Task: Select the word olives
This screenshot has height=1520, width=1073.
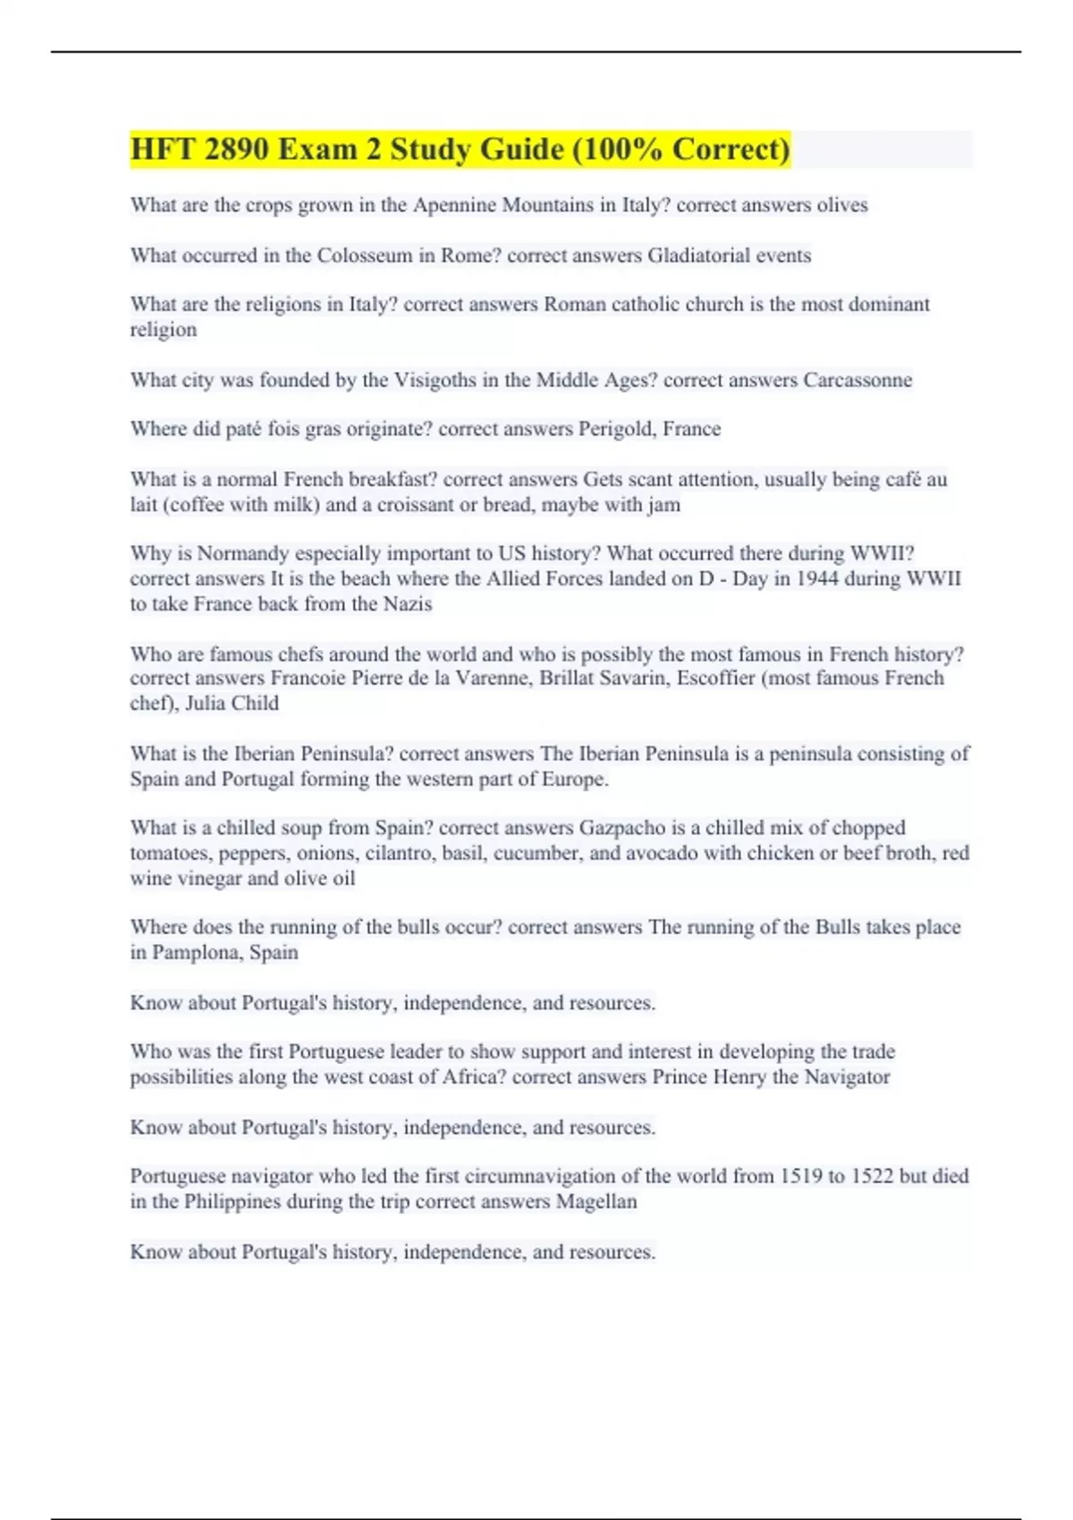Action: [842, 205]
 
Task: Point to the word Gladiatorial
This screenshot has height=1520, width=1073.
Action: [698, 256]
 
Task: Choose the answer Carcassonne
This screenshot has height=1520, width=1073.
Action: [858, 380]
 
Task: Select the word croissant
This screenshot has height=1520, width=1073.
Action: [415, 505]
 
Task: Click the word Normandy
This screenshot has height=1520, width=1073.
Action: [243, 553]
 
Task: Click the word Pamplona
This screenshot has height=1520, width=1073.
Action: [196, 952]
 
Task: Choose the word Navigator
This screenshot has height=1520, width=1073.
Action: [847, 1077]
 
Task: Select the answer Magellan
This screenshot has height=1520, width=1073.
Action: [596, 1202]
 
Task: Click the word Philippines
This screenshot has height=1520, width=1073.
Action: [232, 1202]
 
